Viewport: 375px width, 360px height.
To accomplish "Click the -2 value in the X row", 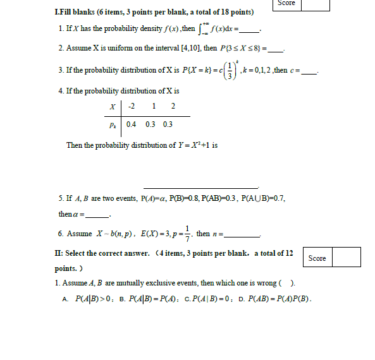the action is [131, 106].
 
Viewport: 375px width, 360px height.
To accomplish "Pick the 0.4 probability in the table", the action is [132, 124].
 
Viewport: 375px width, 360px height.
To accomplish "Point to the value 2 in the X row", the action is [173, 106].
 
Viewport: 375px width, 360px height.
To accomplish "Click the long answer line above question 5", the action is [200, 187].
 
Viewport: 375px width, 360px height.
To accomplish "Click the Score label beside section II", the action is [317, 258].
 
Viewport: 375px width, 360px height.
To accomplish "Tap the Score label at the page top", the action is [286, 3].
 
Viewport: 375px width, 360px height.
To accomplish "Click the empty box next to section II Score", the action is [346, 257].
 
